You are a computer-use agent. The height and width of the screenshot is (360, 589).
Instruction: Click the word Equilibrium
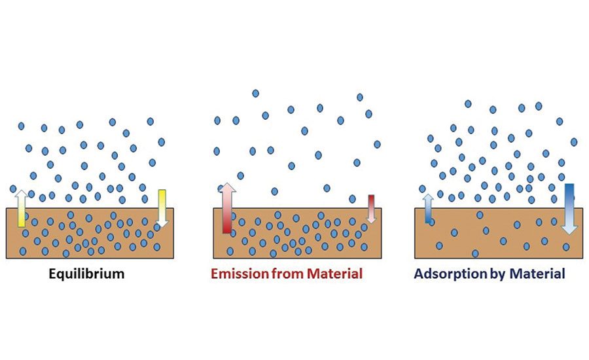(86, 274)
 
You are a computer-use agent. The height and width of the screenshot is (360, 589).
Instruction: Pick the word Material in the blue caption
(538, 274)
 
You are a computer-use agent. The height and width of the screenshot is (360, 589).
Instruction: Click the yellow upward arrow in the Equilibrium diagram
(21, 207)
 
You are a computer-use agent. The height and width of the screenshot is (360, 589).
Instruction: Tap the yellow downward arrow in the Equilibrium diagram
(162, 207)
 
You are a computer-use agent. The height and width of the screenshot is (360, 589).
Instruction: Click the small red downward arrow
(371, 208)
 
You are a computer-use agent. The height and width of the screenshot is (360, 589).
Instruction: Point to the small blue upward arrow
(429, 208)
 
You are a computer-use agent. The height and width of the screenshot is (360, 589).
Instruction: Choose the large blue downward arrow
(569, 208)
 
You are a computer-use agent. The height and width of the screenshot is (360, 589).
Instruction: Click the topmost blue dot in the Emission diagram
(255, 94)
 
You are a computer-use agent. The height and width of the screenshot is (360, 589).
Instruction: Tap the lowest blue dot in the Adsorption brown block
(475, 253)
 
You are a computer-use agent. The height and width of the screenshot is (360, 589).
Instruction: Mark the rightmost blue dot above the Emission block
(377, 144)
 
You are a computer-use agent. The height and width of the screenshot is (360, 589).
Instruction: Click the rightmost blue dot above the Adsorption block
(574, 141)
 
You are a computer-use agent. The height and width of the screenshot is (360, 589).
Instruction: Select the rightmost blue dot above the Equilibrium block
(161, 142)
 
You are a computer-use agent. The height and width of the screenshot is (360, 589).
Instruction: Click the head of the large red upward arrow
(227, 190)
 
